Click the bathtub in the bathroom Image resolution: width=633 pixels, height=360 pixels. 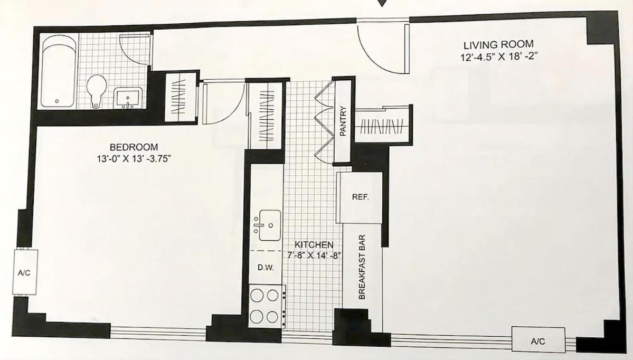point(59,71)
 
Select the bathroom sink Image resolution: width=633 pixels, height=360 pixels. point(128,98)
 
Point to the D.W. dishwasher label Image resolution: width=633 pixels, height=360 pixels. point(266,267)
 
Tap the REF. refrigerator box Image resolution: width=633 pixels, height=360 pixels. point(360,197)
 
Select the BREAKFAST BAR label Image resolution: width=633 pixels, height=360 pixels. point(362,267)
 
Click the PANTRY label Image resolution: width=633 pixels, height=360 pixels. point(343,121)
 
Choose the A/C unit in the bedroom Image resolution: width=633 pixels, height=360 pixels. point(25,272)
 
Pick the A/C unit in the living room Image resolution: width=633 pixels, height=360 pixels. point(538,340)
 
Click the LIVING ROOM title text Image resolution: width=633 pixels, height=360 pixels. point(498,44)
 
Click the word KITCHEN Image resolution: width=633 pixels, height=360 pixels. point(314,244)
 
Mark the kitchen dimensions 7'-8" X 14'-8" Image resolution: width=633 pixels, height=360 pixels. point(315,255)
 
